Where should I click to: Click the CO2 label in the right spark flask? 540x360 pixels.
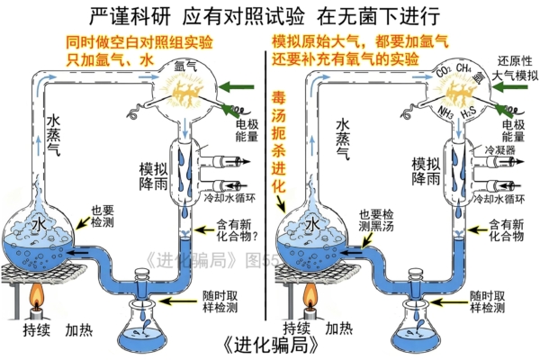443,69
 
